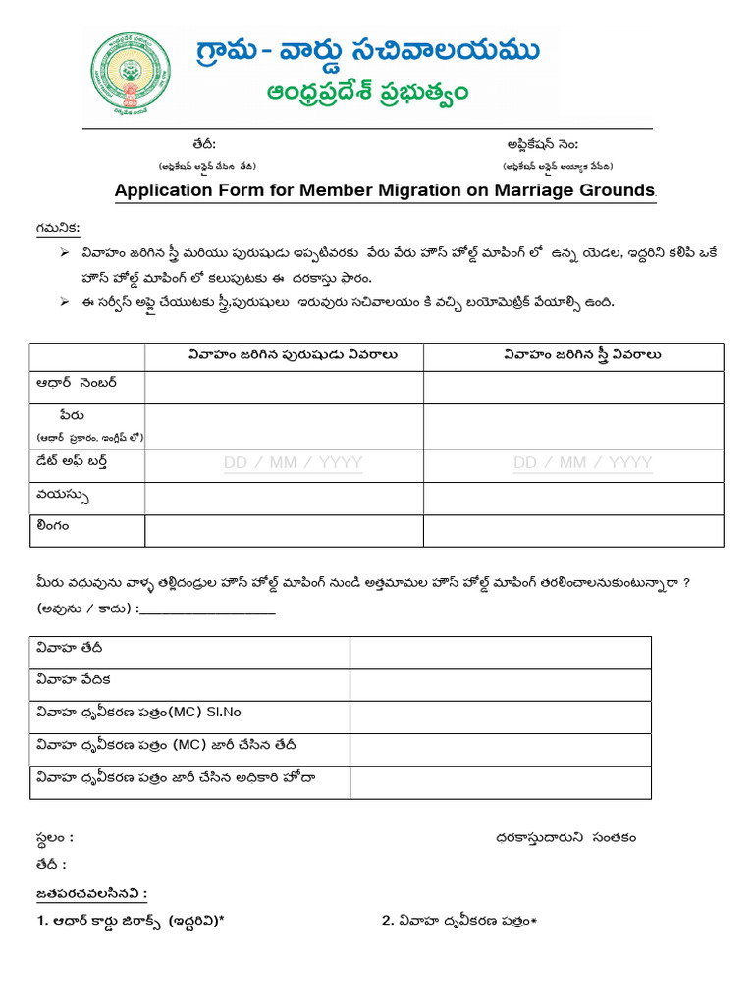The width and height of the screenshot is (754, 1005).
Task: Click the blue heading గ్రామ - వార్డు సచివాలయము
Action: pyautogui.click(x=368, y=51)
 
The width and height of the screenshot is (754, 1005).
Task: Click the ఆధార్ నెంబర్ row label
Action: pyautogui.click(x=76, y=381)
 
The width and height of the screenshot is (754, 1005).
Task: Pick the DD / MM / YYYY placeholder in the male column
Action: pyautogui.click(x=293, y=462)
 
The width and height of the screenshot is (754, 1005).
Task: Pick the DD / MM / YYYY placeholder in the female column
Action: pyautogui.click(x=582, y=462)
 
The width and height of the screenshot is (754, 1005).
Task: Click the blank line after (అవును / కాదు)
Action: pyautogui.click(x=207, y=610)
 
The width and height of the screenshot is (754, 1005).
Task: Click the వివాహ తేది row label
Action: pyautogui.click(x=69, y=648)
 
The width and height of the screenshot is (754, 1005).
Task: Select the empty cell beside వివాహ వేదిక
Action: pyautogui.click(x=500, y=684)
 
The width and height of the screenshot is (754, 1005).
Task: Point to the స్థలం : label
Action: pyautogui.click(x=53, y=838)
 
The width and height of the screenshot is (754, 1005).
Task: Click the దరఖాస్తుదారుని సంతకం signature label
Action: pyautogui.click(x=565, y=837)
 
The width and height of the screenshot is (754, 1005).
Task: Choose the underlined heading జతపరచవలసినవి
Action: pyautogui.click(x=91, y=893)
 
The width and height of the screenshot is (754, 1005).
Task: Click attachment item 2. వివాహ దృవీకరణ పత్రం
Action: pyautogui.click(x=459, y=921)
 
